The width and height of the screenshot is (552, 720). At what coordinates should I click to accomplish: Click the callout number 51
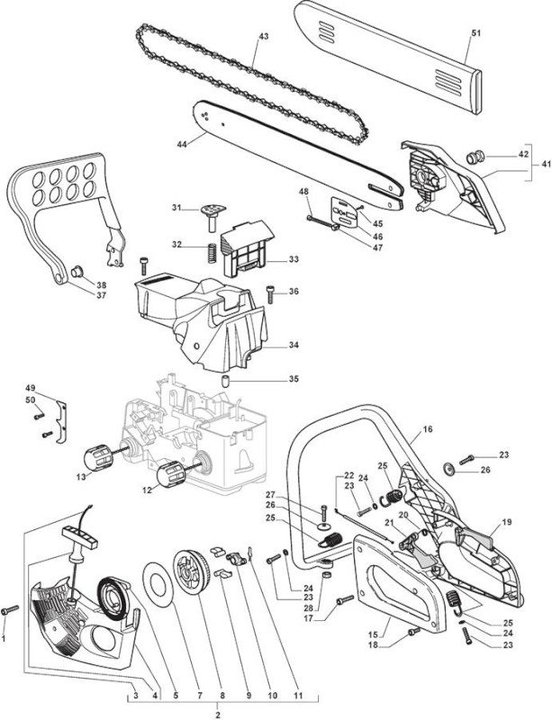coord(476,32)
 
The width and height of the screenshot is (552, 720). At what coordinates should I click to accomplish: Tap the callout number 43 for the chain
coord(264,36)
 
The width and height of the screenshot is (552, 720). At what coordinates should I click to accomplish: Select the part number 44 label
coord(182,145)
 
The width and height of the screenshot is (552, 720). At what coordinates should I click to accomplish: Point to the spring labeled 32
coord(212,253)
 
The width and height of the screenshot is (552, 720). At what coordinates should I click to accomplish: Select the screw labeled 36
coord(270,294)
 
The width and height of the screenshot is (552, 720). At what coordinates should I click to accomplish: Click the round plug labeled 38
coord(76,272)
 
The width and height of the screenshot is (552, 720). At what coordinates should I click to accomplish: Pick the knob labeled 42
coord(473,158)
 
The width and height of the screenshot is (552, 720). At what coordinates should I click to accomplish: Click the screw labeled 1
coord(10,610)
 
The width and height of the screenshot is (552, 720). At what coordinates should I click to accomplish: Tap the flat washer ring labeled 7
coord(158,584)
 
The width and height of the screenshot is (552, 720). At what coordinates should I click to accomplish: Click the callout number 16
coord(428,429)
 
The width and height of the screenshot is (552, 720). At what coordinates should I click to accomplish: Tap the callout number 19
coord(507,522)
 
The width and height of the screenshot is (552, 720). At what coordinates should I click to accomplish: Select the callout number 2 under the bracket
coord(217,715)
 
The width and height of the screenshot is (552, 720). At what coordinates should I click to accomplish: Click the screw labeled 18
coord(414,632)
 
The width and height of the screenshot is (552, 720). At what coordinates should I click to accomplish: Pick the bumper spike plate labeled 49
coord(61,422)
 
